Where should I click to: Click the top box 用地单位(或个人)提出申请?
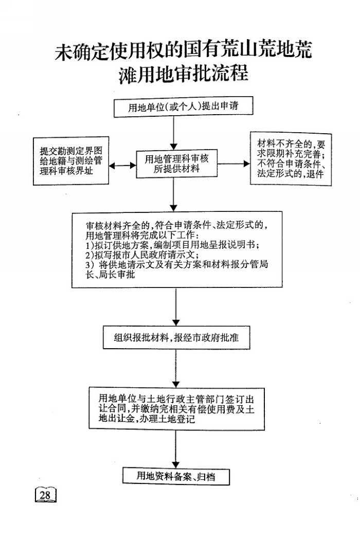183,106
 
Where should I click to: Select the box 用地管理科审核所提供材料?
177,164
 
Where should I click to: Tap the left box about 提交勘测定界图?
71,161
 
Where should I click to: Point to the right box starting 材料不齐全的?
291,159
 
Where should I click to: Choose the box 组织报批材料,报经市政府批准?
176,337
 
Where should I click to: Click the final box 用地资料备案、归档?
176,477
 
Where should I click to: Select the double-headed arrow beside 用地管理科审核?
122,166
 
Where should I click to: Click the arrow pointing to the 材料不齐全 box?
233,164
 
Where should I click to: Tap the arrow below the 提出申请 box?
174,133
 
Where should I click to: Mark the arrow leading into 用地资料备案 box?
176,448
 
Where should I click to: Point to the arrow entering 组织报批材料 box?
176,306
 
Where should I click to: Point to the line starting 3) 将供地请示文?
177,265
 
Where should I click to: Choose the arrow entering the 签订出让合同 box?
176,368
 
